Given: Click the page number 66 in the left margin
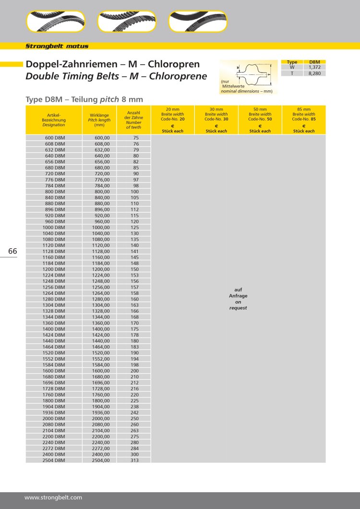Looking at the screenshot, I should tap(12, 252).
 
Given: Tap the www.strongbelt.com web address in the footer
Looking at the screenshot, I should tap(53, 497).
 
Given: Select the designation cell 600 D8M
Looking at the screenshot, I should tap(55, 138).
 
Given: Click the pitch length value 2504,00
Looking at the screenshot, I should tap(101, 460).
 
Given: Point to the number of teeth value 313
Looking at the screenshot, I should tap(135, 460).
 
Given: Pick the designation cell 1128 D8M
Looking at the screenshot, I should tap(54, 251).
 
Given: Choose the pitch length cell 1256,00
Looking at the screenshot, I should tap(101, 287).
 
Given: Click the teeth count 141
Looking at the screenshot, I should tap(135, 251).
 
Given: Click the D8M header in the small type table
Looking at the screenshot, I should tap(315, 62).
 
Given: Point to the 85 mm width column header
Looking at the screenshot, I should tap(304, 120).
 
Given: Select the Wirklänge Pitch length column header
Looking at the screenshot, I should tap(99, 120).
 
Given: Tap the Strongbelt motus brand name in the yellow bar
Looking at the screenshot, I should tap(57, 47).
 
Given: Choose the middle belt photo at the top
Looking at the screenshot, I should tap(126, 22).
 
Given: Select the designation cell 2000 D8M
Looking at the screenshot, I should tap(54, 418).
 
